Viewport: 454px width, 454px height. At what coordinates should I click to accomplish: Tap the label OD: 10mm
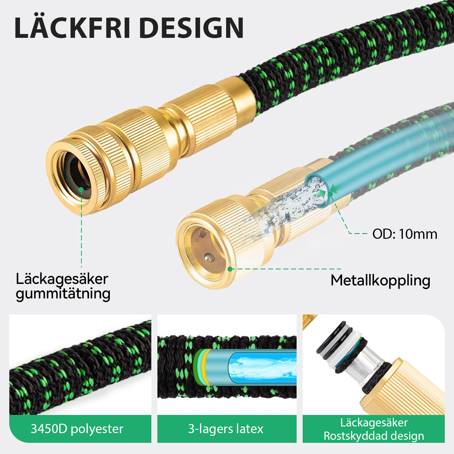click(x=405, y=234)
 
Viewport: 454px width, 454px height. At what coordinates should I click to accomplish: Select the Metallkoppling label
click(x=380, y=281)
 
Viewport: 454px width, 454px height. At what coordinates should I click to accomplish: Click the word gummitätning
click(x=63, y=294)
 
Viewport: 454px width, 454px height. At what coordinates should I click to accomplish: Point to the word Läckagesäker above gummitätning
click(x=62, y=279)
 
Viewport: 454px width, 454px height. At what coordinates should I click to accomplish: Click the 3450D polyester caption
click(x=77, y=429)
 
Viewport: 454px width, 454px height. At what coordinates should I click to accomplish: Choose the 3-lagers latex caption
click(x=226, y=429)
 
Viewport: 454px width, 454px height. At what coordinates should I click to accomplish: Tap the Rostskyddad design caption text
click(x=374, y=436)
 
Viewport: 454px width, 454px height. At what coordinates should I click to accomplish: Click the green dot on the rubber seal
click(x=81, y=190)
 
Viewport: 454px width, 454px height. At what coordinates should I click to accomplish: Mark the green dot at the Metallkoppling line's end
click(x=230, y=269)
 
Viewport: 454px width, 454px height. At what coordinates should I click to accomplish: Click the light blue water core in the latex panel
click(x=262, y=368)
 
